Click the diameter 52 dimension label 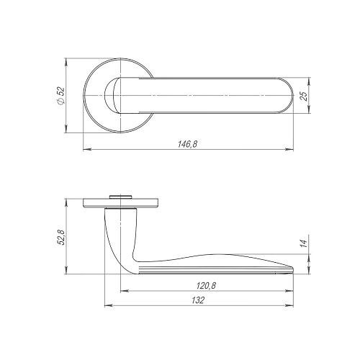61,96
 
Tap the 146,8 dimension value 187,144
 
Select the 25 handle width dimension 304,96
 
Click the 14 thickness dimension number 304,243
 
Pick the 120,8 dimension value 207,286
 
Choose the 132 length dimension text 198,300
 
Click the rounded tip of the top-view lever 293,96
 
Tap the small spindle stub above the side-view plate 120,197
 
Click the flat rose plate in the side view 121,203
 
